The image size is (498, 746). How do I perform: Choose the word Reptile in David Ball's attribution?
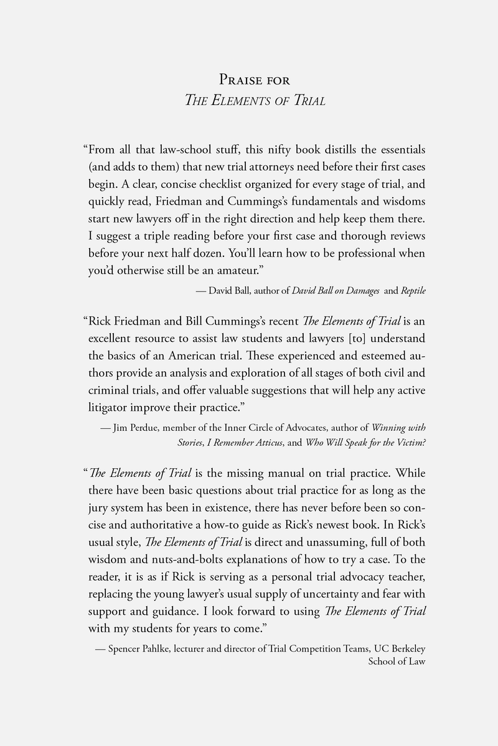pyautogui.click(x=413, y=291)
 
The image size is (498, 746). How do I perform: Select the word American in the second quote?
pyautogui.click(x=209, y=357)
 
